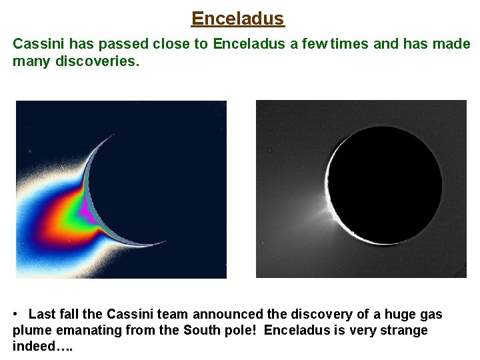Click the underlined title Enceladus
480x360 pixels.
tap(238, 18)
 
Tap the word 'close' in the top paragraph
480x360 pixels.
tap(189, 45)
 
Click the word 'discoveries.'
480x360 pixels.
tap(97, 61)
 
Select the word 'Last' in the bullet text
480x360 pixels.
tap(41, 315)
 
